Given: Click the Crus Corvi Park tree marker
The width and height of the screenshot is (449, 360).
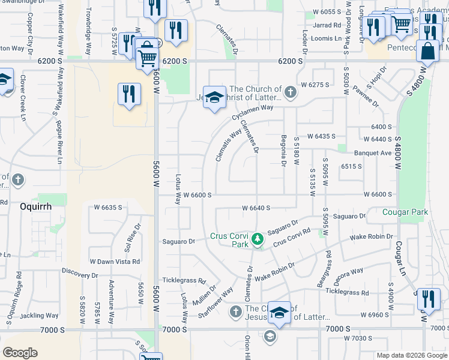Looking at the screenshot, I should tap(258, 239).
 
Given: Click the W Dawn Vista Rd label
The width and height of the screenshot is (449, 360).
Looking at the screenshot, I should tap(115, 262).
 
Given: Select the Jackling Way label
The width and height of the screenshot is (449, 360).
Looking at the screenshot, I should tap(39, 316).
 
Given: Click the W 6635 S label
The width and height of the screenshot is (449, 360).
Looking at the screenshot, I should tap(108, 208).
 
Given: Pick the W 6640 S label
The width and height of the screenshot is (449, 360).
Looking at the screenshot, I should tap(256, 208).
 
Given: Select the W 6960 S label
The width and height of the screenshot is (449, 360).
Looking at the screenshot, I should tap(375, 314).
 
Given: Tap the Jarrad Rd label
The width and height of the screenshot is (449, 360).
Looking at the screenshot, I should tap(327, 25).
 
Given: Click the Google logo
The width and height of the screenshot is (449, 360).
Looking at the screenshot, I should tap(20, 353).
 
